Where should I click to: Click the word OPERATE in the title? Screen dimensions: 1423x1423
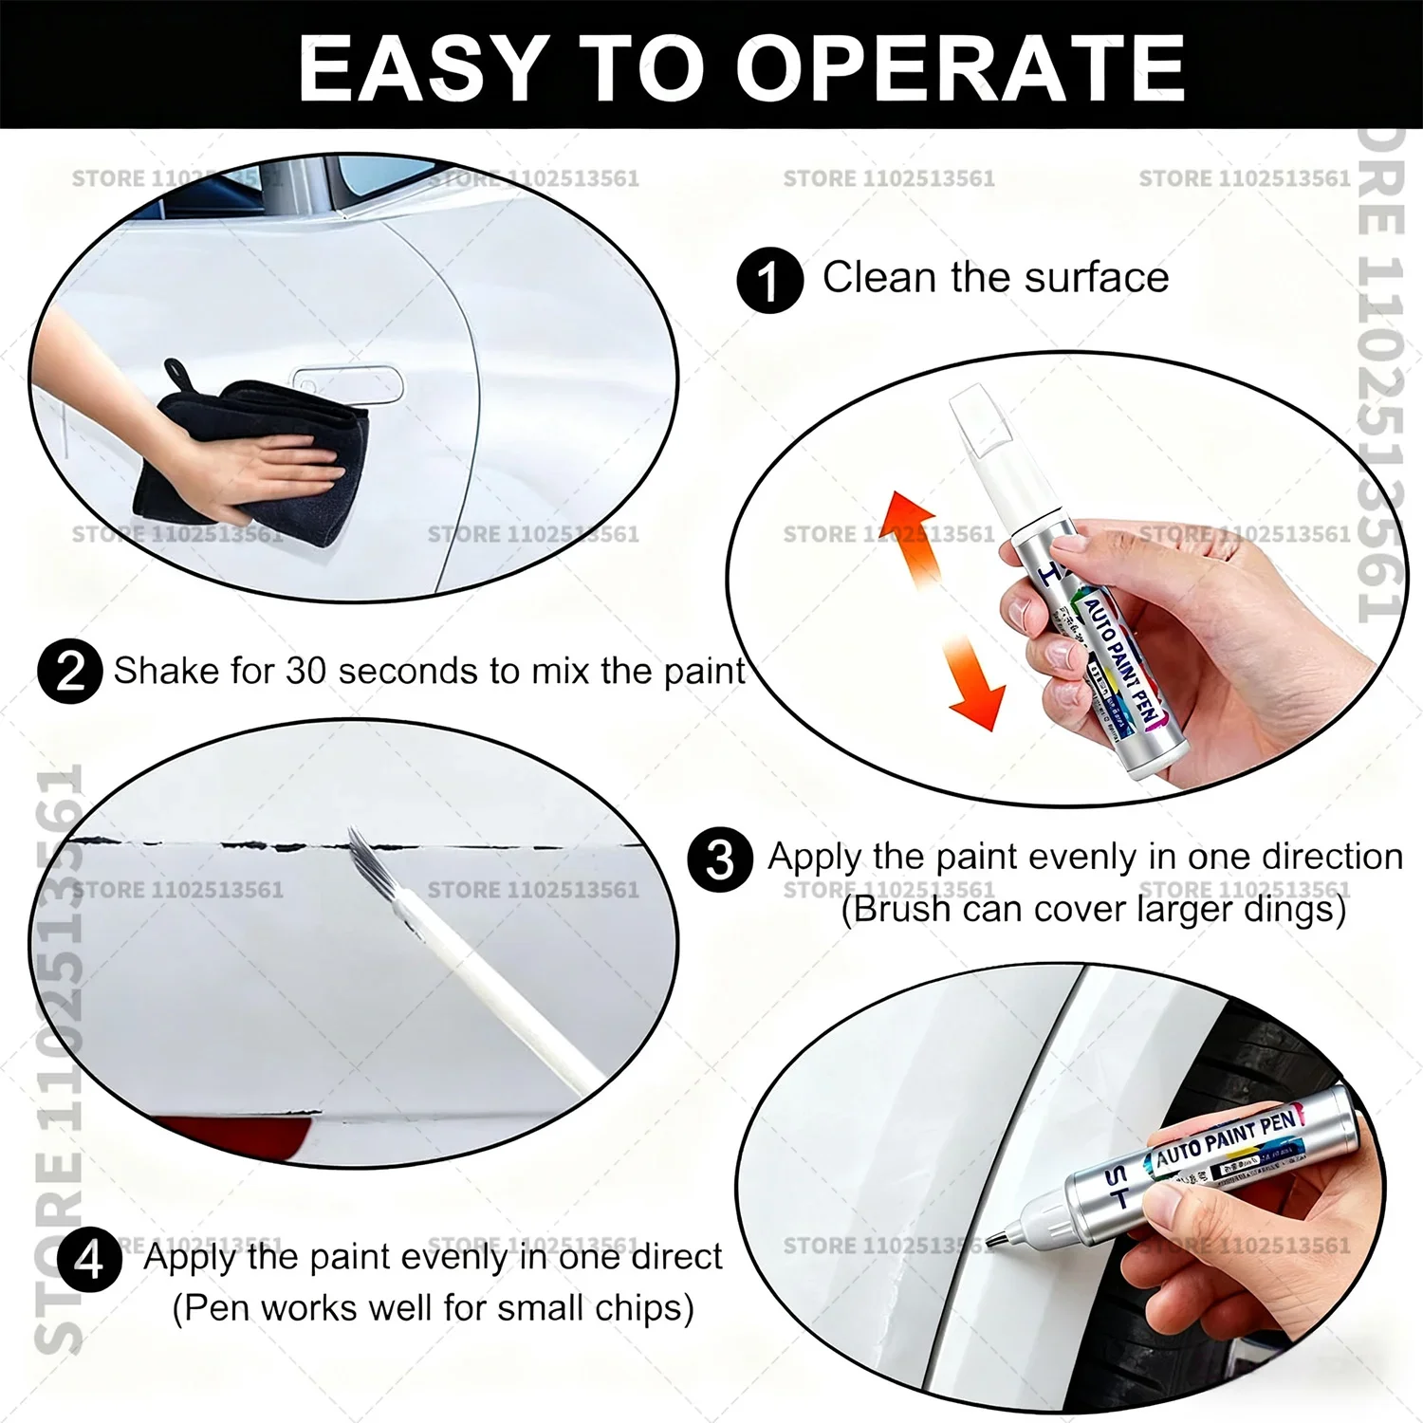pos(960,67)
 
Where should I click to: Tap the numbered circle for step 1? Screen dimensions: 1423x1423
pos(769,280)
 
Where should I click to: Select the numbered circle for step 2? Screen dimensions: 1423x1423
pos(70,672)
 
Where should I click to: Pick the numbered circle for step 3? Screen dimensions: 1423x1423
pos(720,859)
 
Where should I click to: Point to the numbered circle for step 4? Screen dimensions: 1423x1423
pos(89,1260)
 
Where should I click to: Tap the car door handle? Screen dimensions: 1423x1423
pos(347,383)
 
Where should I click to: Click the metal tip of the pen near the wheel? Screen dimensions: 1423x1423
pos(998,1237)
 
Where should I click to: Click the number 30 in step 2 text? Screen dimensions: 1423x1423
pos(306,672)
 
